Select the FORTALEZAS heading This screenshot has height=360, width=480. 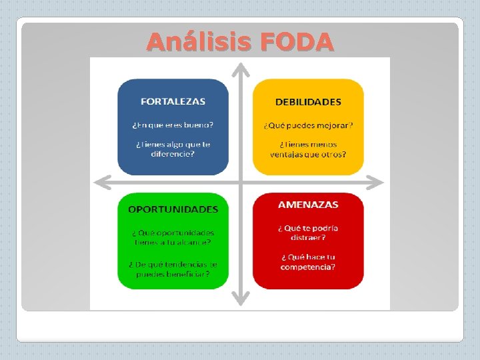[x=173, y=102]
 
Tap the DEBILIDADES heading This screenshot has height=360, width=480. [x=308, y=102]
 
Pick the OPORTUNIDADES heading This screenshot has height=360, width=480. [x=173, y=209]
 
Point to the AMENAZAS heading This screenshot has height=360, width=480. [x=308, y=205]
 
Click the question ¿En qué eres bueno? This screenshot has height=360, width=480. [x=173, y=124]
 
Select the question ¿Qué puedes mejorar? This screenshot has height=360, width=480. [x=308, y=125]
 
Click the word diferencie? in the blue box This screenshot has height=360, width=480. [x=173, y=154]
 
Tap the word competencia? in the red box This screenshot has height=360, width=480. [x=308, y=267]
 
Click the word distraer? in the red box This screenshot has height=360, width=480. [x=308, y=237]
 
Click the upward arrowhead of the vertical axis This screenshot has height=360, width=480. [x=241, y=68]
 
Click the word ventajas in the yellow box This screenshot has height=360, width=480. [x=287, y=155]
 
